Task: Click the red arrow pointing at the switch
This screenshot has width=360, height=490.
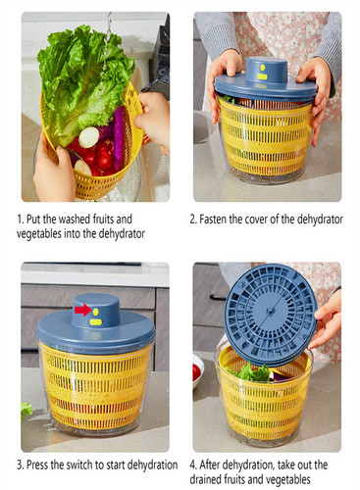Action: (x=82, y=310)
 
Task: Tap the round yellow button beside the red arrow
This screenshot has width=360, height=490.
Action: (x=95, y=312)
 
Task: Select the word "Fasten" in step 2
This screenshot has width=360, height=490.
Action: (x=213, y=219)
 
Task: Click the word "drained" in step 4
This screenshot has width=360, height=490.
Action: (x=205, y=479)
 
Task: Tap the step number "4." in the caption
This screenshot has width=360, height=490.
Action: (x=193, y=465)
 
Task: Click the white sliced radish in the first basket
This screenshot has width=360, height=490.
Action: (x=88, y=137)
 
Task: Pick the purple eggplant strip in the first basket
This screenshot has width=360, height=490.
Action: (x=119, y=137)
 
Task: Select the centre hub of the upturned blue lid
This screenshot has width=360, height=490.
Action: (x=270, y=312)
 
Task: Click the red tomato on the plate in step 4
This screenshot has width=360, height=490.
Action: (x=196, y=372)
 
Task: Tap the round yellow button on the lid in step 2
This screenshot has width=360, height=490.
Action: (x=262, y=68)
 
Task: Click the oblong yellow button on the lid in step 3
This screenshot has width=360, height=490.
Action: (x=95, y=322)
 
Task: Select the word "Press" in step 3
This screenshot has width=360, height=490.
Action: (x=37, y=465)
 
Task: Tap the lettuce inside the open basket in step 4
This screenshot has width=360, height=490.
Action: (x=250, y=372)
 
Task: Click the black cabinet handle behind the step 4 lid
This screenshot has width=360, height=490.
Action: (x=218, y=297)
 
